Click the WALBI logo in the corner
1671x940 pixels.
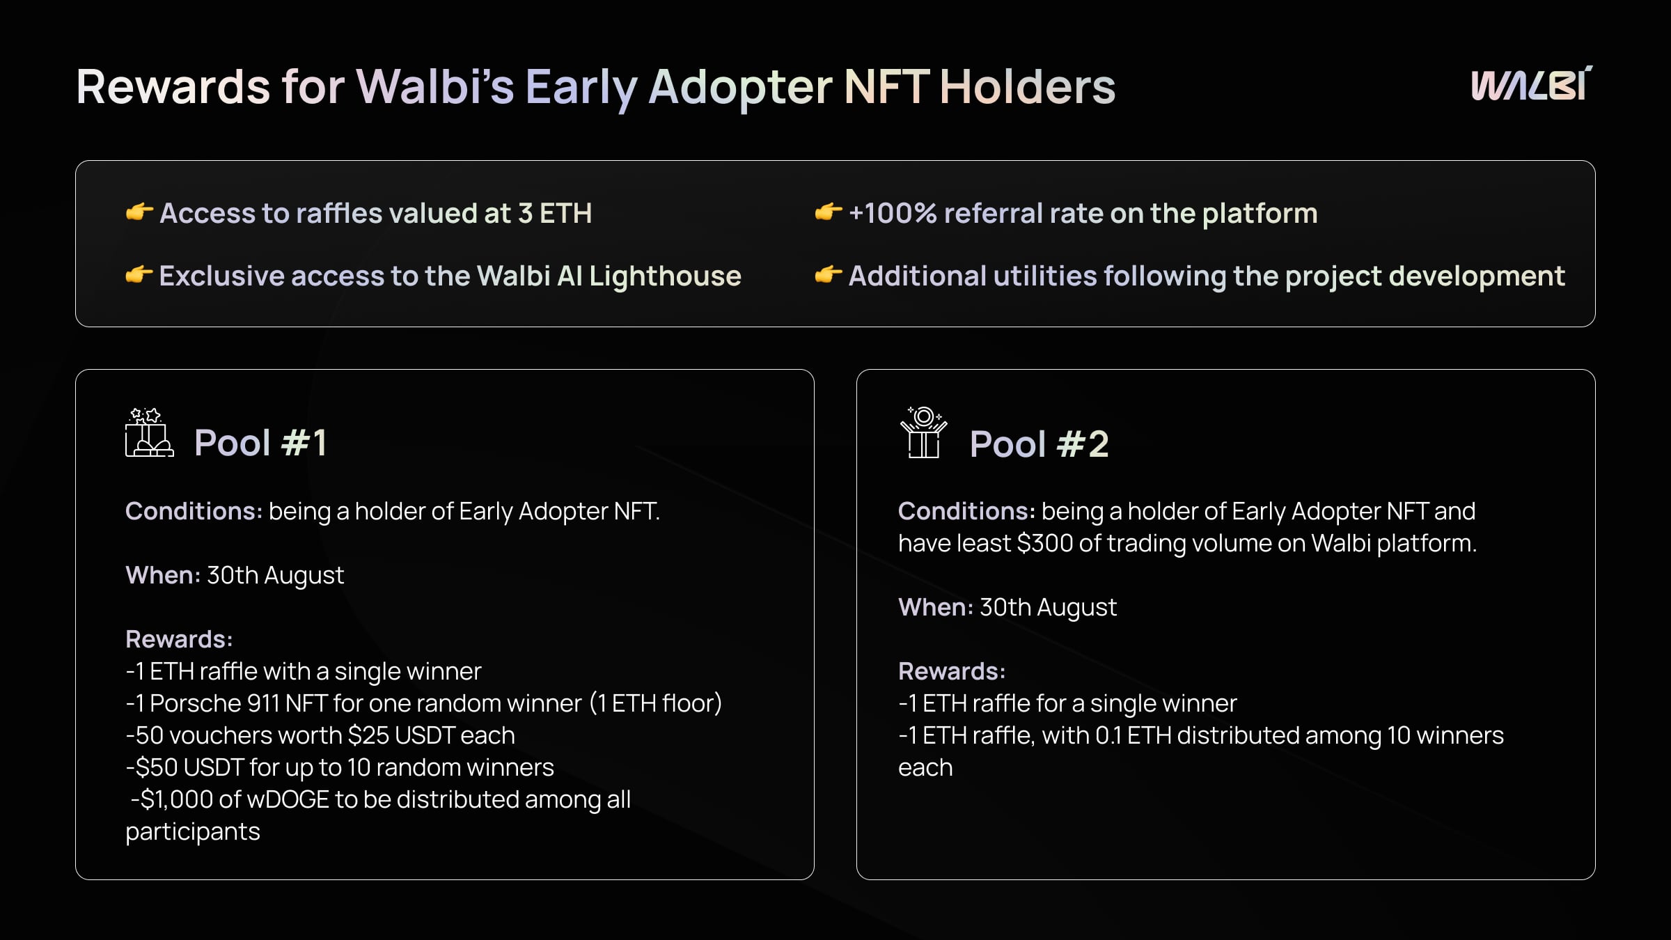click(1531, 84)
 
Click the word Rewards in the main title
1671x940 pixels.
click(173, 87)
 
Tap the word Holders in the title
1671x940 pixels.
click(1027, 87)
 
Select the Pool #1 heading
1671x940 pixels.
click(260, 443)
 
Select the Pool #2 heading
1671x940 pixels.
click(1039, 444)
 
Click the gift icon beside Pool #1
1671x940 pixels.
click(149, 432)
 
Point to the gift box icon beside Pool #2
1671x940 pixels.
click(924, 432)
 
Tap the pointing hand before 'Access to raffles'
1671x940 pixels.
click(139, 212)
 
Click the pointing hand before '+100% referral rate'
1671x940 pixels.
click(829, 212)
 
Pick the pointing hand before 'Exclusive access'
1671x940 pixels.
click(139, 275)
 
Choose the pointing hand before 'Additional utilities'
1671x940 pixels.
click(829, 275)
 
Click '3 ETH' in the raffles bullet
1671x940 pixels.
click(555, 213)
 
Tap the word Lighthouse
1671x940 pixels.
click(665, 276)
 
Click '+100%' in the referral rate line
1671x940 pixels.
click(893, 213)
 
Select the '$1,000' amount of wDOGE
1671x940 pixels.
click(177, 799)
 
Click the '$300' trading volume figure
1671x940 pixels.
click(1044, 543)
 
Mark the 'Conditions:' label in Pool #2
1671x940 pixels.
click(966, 511)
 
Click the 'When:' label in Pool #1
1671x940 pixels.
click(163, 575)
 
